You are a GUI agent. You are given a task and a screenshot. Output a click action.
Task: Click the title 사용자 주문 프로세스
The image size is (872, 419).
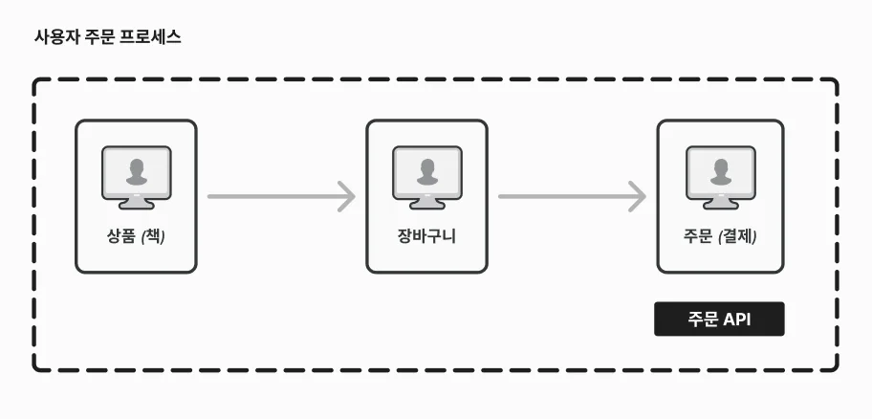[x=108, y=38]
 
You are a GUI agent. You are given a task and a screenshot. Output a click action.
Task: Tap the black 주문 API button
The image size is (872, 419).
[x=719, y=319]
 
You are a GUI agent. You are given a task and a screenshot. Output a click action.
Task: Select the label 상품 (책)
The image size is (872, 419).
[x=136, y=236]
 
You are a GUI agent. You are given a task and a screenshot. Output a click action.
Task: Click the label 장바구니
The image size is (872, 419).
[x=426, y=236]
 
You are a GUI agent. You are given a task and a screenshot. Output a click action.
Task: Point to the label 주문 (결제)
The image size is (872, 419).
[x=720, y=236]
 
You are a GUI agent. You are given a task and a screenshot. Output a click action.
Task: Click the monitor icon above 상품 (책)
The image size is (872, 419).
[x=136, y=178]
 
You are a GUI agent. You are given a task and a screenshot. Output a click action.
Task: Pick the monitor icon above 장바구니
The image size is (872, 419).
[x=427, y=178]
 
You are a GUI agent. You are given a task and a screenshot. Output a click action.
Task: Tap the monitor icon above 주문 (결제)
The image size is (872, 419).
[x=721, y=178]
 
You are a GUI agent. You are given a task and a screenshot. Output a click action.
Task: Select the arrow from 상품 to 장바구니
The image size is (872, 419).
[x=281, y=196]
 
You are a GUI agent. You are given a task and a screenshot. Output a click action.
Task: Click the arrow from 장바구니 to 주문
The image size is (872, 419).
[x=572, y=196]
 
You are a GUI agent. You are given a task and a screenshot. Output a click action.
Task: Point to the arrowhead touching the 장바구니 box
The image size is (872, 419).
[x=347, y=196]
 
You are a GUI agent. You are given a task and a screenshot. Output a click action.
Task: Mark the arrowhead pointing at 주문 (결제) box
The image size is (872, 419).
[x=638, y=196]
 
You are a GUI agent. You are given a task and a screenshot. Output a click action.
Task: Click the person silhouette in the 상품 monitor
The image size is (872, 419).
[x=136, y=171]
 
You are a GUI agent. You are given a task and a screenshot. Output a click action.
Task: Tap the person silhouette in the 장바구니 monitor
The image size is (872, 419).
[x=427, y=171]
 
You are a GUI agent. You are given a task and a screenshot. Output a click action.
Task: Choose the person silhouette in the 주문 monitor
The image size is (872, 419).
[x=721, y=171]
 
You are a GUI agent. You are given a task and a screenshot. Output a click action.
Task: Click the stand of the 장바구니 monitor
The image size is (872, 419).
[x=427, y=204]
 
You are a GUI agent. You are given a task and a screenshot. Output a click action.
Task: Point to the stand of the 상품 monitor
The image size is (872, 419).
[x=136, y=204]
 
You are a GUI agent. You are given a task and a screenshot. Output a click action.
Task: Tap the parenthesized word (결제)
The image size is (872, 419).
[x=738, y=237]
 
